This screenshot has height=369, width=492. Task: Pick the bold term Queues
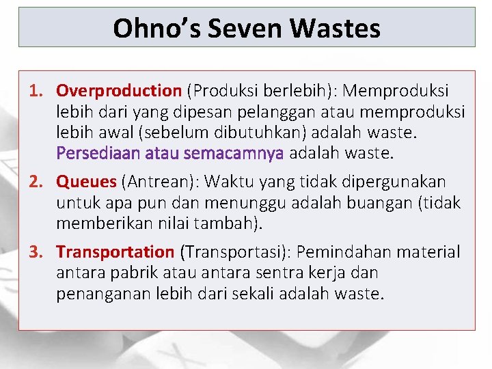87,182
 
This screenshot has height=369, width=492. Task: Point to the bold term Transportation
115,252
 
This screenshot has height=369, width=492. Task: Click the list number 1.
36,91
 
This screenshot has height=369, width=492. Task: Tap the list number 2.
36,182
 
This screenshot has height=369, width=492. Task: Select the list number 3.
36,252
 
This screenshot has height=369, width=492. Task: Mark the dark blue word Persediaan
98,153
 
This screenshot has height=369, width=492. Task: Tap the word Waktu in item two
228,182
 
